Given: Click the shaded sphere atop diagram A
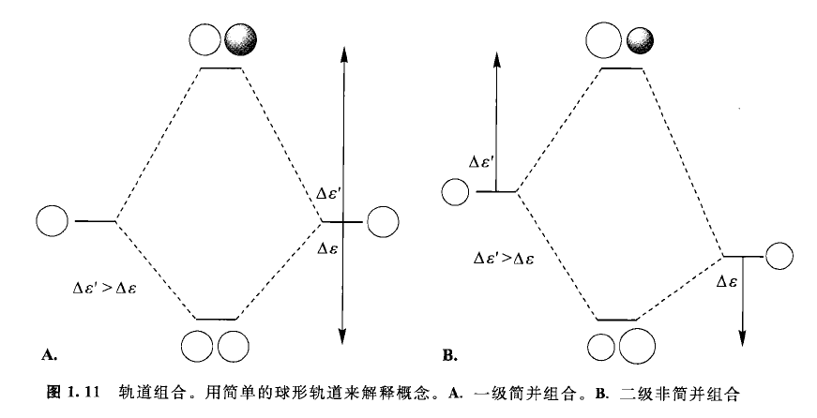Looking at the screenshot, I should [x=242, y=40].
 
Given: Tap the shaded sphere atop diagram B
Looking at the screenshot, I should [x=641, y=40].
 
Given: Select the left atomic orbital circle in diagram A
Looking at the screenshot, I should [x=53, y=221].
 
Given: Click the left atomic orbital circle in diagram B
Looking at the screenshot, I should [x=454, y=192].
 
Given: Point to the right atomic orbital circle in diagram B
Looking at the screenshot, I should [x=780, y=256].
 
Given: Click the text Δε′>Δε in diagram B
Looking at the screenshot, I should [x=505, y=255].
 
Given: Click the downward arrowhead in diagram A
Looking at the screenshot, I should [x=343, y=330].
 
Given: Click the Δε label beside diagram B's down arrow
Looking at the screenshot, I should [x=726, y=281].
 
